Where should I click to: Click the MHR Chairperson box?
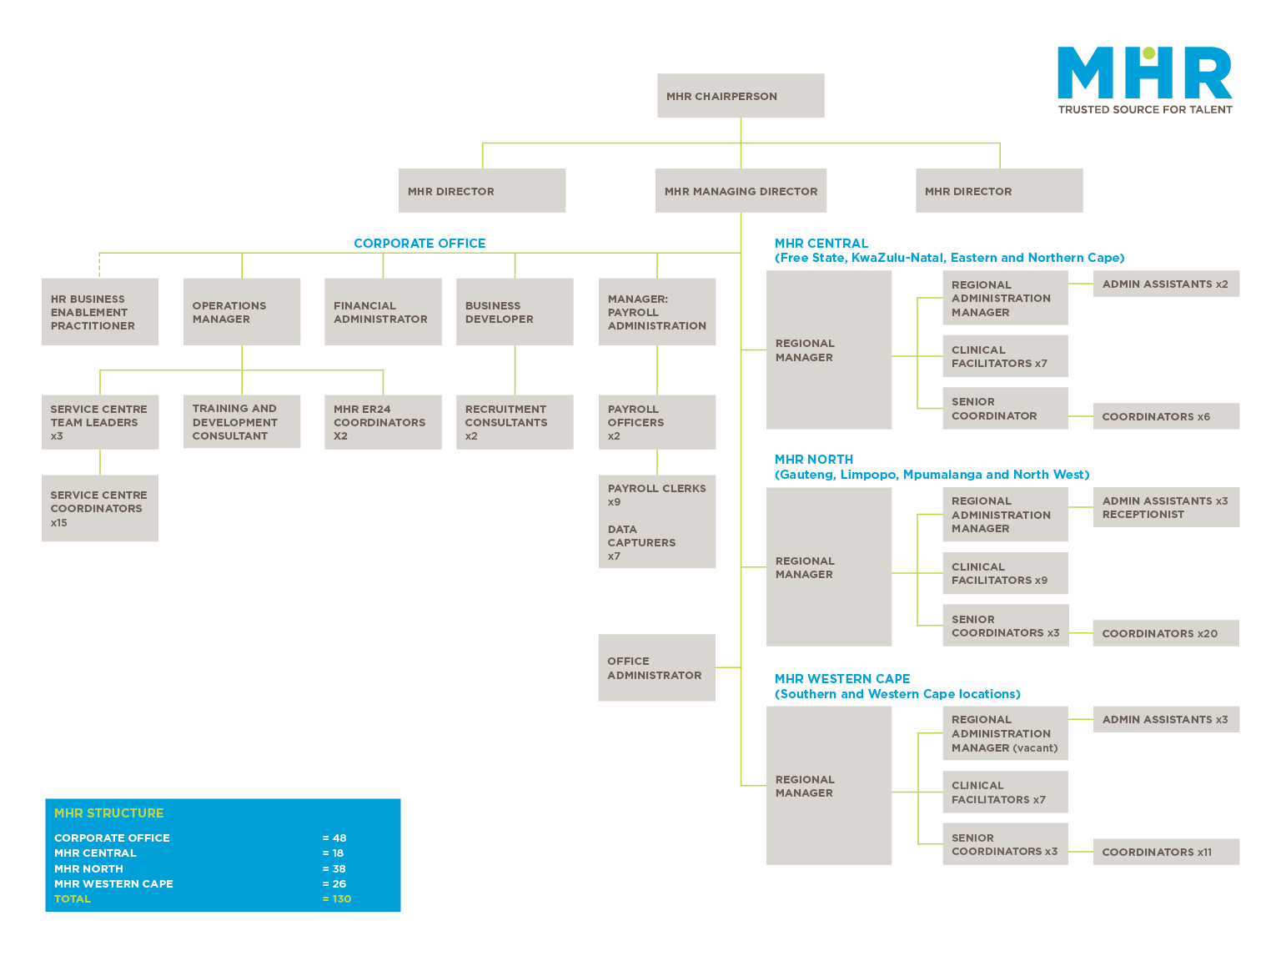[741, 96]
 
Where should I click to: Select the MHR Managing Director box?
[741, 191]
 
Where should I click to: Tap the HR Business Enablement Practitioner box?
[100, 312]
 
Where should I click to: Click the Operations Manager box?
[242, 312]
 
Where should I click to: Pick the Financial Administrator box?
[383, 312]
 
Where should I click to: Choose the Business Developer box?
[515, 312]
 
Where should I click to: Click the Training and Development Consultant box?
[242, 422]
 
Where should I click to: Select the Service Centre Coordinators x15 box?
[100, 509]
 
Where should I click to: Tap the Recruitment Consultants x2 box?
[515, 422]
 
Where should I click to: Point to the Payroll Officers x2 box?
[657, 422]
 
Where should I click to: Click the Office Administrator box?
[656, 668]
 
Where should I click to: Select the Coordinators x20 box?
[1165, 633]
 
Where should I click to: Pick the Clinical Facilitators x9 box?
[1005, 573]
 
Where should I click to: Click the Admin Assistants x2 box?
[1166, 284]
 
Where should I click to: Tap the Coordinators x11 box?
[1166, 852]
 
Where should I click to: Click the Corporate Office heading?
[419, 244]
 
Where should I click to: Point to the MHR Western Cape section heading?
[842, 679]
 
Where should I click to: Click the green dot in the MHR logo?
[1148, 54]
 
